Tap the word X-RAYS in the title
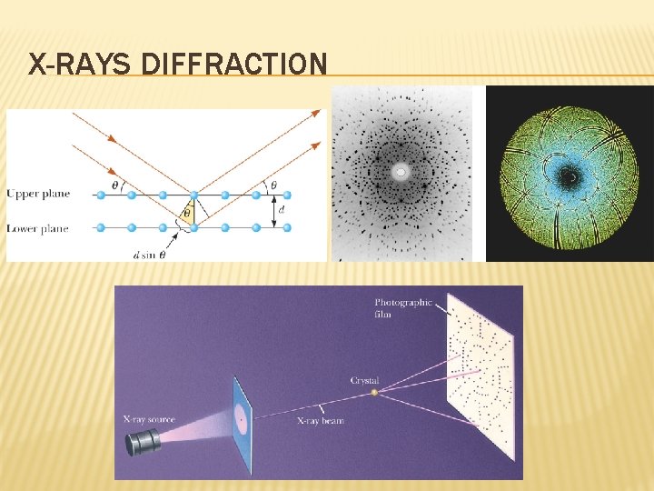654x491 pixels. [82, 65]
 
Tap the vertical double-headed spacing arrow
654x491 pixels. [272, 210]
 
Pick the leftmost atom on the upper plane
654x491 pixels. [101, 195]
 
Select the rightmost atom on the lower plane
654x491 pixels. [287, 227]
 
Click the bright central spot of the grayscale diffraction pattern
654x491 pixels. [400, 171]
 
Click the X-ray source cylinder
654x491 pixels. [144, 442]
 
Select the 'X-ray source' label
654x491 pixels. [149, 419]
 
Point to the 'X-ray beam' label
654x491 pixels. [320, 421]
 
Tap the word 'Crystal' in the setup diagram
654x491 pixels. [364, 380]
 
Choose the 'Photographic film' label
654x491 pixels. [403, 308]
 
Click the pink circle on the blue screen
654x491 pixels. [241, 419]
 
